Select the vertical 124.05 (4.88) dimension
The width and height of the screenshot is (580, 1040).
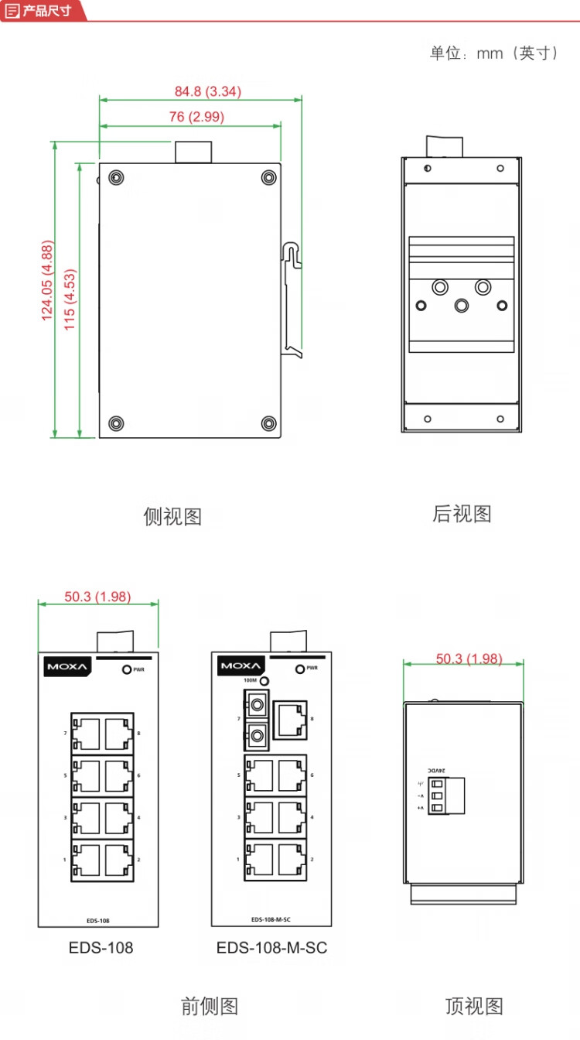click(47, 281)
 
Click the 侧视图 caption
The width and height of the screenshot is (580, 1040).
click(172, 516)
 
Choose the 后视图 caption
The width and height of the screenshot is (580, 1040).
click(462, 514)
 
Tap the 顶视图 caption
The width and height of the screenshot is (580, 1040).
click(474, 1006)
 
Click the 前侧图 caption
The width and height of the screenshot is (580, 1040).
click(209, 1006)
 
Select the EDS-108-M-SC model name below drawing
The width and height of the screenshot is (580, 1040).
click(271, 948)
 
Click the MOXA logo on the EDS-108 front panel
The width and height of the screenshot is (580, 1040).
click(68, 666)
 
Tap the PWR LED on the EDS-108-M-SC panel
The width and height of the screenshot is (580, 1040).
click(299, 668)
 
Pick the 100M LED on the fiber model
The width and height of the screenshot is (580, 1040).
click(264, 681)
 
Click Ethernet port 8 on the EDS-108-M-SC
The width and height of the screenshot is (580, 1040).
click(291, 718)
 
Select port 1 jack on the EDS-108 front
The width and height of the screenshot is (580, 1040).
click(87, 860)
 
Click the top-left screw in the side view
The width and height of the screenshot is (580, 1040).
click(115, 177)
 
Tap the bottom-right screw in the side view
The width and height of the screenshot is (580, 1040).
click(268, 422)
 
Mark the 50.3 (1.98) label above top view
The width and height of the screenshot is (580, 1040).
click(469, 659)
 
